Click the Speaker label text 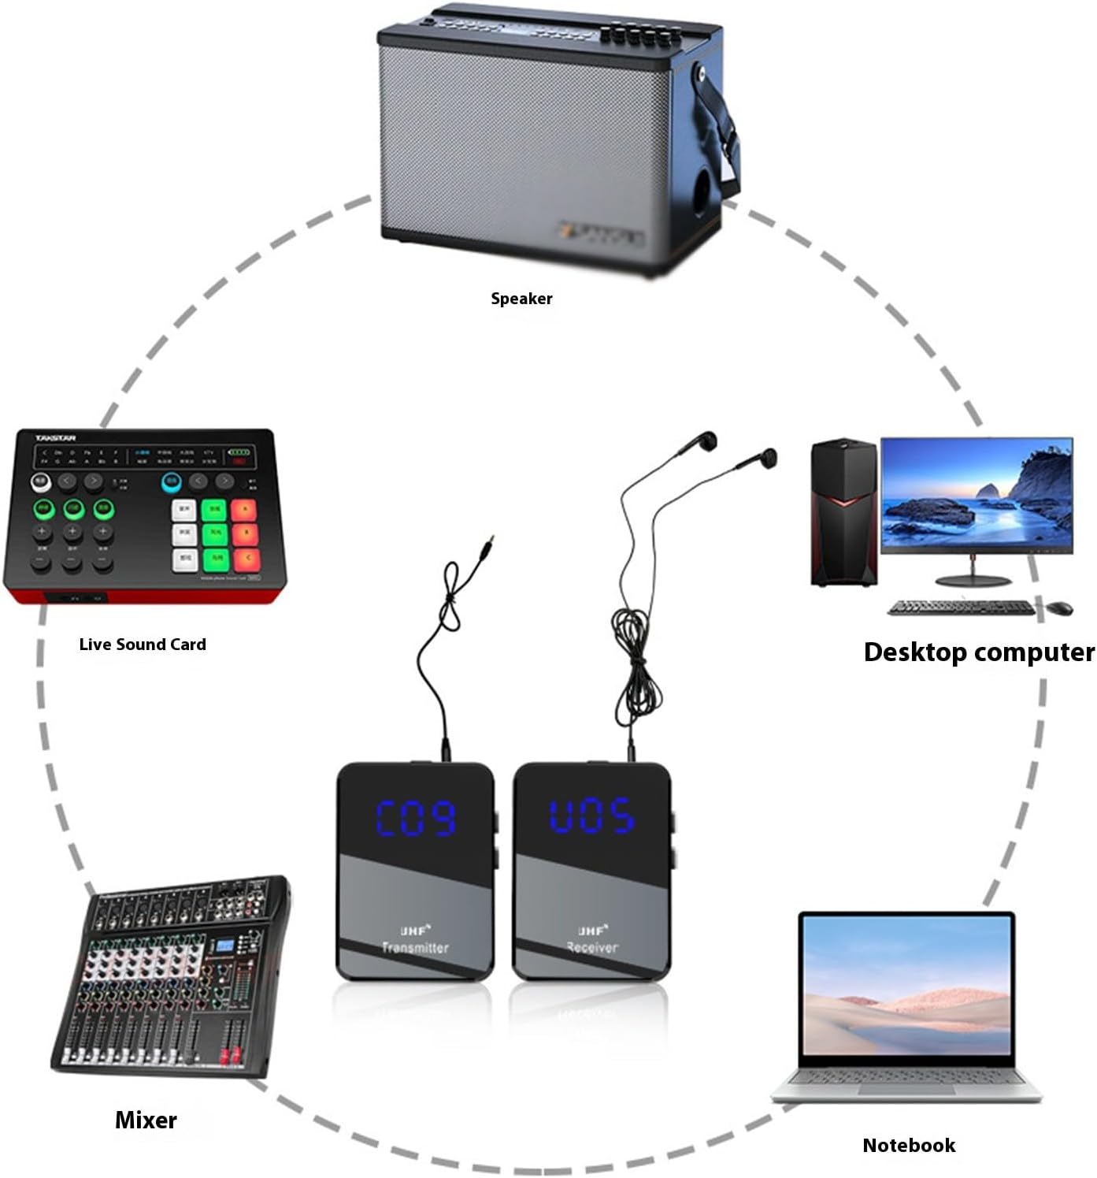pos(521,299)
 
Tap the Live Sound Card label pos(143,645)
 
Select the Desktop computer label pos(978,652)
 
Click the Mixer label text pos(146,1120)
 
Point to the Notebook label pos(909,1146)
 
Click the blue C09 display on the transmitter pos(416,817)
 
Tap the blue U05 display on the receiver pos(591,816)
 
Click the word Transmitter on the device pos(415,947)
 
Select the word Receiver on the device pos(592,947)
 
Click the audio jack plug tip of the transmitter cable pos(491,541)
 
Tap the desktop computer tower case pos(843,512)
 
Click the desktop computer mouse pos(1060,608)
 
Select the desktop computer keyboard pos(960,608)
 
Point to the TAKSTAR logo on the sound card pos(55,438)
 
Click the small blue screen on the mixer pos(227,946)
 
